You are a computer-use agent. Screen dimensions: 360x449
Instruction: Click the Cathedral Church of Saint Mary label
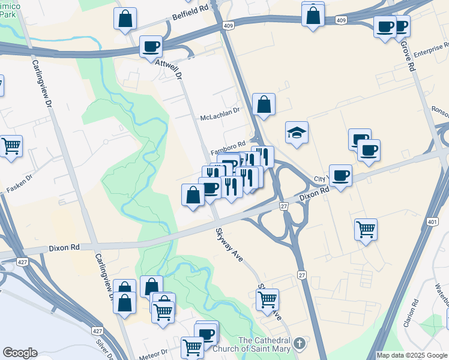click(x=264, y=344)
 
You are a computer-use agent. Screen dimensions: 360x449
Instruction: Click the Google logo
click(x=20, y=353)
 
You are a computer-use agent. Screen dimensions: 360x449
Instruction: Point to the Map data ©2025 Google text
click(x=412, y=355)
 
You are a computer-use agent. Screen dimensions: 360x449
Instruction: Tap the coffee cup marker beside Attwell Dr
click(x=151, y=46)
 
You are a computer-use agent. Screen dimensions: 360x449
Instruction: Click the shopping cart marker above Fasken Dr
click(x=11, y=145)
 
